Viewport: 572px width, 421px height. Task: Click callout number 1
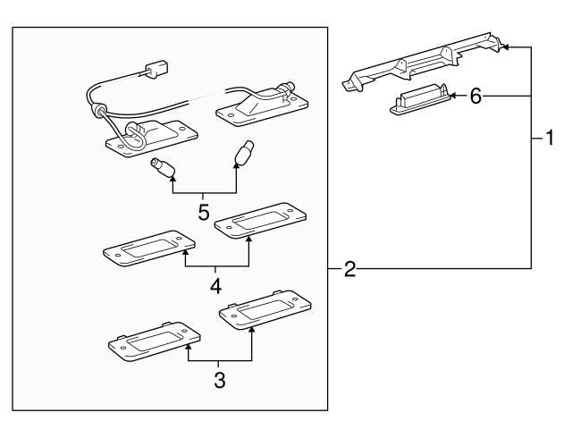(551, 139)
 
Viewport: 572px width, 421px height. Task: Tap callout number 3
(219, 379)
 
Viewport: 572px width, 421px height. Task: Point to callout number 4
(214, 287)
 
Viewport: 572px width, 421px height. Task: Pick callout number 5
(204, 214)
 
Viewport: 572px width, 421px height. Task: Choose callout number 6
(475, 97)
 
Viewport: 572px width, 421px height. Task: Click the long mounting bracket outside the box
(420, 64)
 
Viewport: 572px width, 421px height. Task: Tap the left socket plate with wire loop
(147, 135)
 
